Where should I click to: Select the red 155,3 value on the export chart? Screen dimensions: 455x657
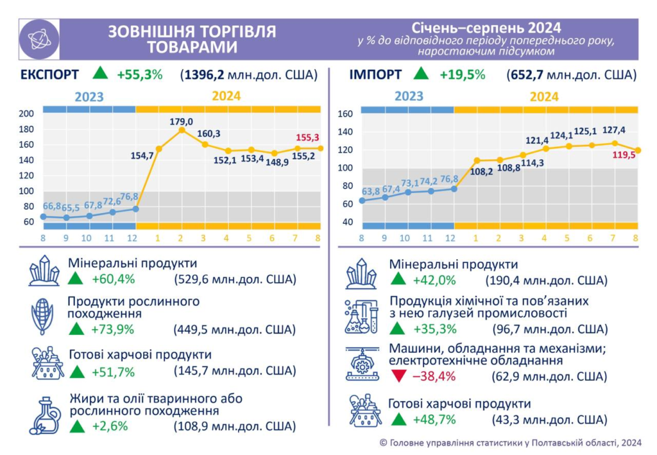pyautogui.click(x=307, y=137)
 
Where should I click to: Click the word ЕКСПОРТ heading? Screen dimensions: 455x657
pyautogui.click(x=50, y=74)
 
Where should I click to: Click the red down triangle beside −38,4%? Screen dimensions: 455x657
pyautogui.click(x=398, y=376)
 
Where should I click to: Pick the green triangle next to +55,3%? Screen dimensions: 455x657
pyautogui.click(x=99, y=73)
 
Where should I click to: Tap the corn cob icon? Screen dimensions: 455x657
pyautogui.click(x=43, y=316)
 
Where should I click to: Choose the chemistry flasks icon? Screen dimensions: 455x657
pyautogui.click(x=361, y=316)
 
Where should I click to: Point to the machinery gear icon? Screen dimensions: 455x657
pyautogui.click(x=361, y=364)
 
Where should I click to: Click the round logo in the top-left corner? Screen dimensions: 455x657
pyautogui.click(x=39, y=39)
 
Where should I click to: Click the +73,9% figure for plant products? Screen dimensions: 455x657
pyautogui.click(x=112, y=330)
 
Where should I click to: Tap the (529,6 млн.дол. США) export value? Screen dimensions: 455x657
pyautogui.click(x=234, y=280)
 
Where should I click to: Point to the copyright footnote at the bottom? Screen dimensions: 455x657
pyautogui.click(x=510, y=442)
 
